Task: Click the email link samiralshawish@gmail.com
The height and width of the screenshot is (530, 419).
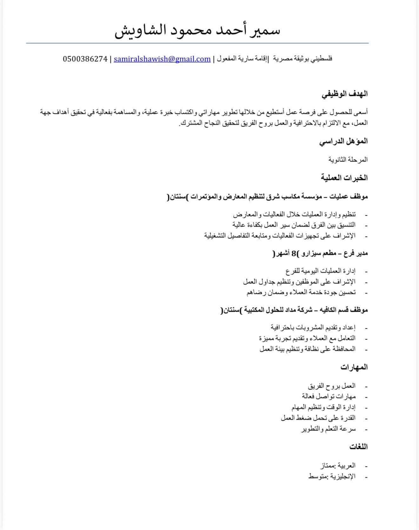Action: tap(162, 59)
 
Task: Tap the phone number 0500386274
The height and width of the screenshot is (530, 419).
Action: tap(85, 59)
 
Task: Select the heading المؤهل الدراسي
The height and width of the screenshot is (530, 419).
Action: tap(343, 141)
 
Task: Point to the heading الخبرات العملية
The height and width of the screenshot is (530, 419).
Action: tap(344, 178)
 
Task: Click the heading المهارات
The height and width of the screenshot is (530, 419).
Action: tap(354, 367)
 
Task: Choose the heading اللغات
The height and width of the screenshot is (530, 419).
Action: tap(358, 447)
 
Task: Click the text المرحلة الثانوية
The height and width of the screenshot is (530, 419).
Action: tap(348, 159)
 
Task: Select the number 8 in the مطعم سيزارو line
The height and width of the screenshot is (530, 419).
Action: tap(294, 253)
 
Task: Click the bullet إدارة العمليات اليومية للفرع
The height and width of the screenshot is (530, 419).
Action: tap(320, 271)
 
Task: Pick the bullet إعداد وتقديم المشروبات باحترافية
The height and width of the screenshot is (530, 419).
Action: tap(313, 327)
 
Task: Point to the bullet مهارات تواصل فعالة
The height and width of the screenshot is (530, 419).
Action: tap(329, 396)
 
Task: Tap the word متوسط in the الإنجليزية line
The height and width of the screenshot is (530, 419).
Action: tap(318, 477)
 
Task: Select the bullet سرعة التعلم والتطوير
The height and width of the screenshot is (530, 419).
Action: tap(328, 429)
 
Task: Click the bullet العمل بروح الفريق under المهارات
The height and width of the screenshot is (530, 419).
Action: tap(331, 386)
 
